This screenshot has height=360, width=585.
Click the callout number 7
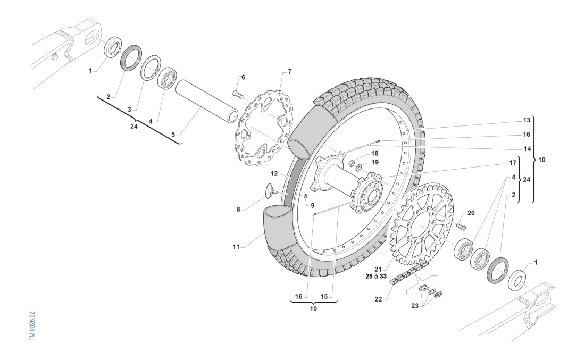click(289, 71)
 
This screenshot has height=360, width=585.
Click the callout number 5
click(173, 136)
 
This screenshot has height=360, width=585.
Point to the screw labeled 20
click(460, 227)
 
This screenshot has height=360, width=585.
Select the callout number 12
click(274, 173)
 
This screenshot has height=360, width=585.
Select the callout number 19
click(375, 162)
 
